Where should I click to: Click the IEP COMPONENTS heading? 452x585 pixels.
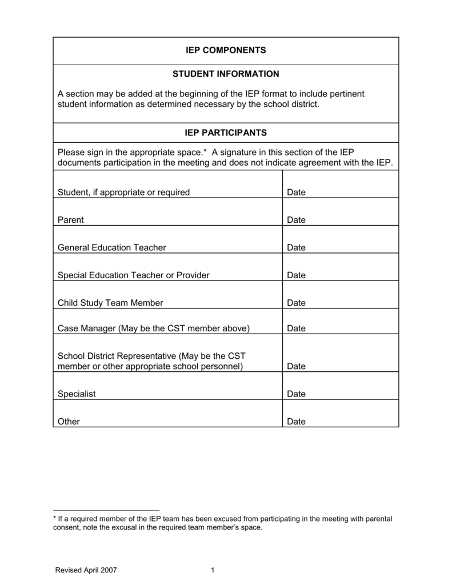(x=226, y=50)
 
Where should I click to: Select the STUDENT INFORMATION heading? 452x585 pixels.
(x=226, y=74)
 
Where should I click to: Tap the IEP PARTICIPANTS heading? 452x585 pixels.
(x=226, y=133)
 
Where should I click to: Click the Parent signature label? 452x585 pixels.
(x=71, y=220)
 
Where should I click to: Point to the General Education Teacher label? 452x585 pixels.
(x=112, y=247)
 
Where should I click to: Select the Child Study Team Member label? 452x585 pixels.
(x=110, y=303)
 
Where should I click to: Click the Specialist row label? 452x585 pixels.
(x=77, y=394)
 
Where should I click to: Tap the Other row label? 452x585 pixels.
(x=69, y=422)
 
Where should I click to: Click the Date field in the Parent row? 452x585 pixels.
(x=297, y=220)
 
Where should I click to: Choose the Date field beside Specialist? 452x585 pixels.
(x=297, y=394)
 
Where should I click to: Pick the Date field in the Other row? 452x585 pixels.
(x=297, y=422)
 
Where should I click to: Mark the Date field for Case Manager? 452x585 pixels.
(x=297, y=328)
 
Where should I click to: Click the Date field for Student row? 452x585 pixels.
(x=297, y=193)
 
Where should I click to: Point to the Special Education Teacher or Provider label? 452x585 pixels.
(x=134, y=275)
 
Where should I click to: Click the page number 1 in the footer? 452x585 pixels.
(x=212, y=570)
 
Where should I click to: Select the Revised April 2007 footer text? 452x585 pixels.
(x=86, y=570)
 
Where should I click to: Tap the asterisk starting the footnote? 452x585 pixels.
(x=54, y=518)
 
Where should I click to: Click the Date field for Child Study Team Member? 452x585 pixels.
(x=297, y=303)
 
